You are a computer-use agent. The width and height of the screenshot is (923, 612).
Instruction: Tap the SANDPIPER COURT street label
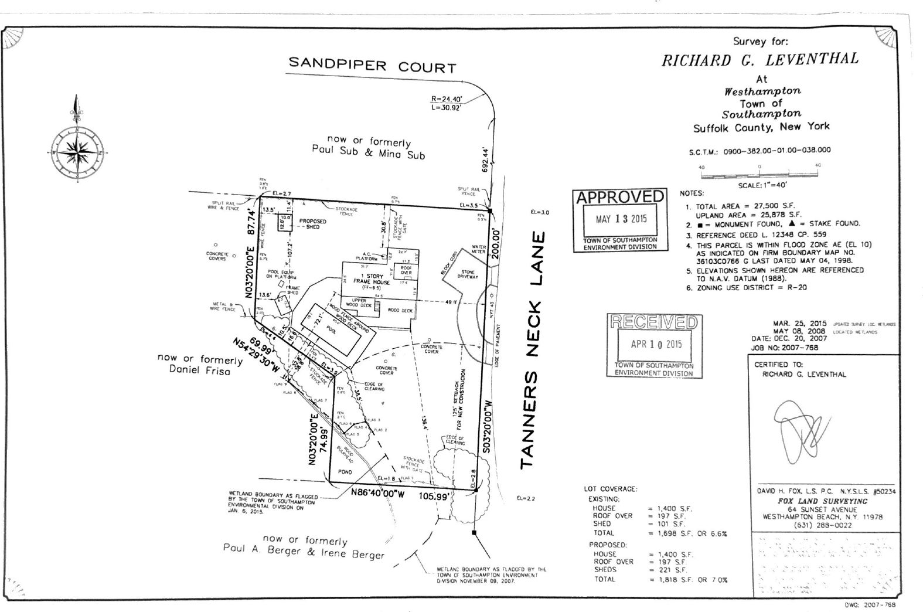click(372, 65)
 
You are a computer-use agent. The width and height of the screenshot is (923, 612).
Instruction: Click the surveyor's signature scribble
click(801, 430)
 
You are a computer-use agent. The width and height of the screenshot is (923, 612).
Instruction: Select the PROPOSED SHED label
click(313, 223)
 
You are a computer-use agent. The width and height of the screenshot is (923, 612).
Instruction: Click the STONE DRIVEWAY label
click(468, 274)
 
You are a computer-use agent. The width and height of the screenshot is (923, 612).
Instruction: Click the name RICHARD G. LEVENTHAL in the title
click(759, 59)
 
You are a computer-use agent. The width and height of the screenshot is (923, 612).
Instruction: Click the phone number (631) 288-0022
click(823, 525)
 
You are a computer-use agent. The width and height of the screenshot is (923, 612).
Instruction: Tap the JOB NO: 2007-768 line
click(785, 348)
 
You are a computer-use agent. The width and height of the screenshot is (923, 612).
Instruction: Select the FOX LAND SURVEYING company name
click(823, 501)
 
